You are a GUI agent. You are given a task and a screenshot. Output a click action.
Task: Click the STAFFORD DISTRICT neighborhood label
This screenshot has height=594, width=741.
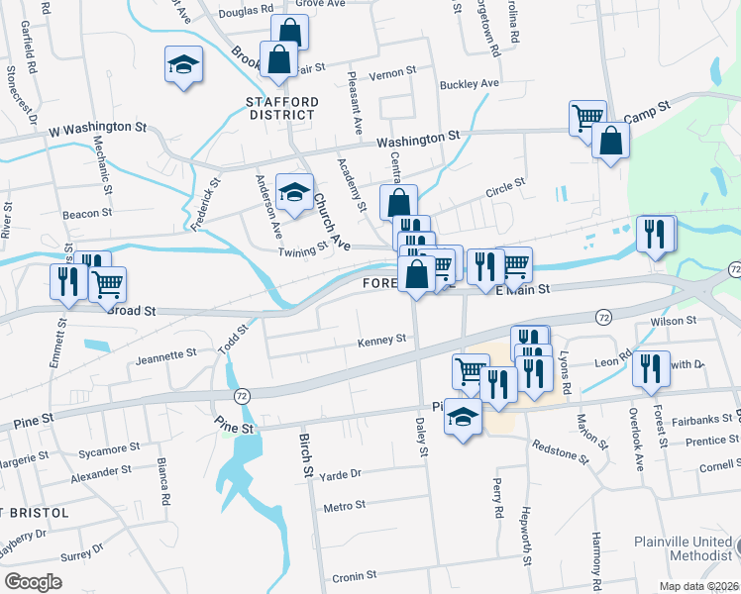point(282,108)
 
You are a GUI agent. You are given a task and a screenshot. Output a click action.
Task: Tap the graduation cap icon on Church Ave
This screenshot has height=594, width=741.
point(294,193)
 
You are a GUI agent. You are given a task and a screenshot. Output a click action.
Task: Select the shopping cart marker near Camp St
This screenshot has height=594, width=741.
point(587,118)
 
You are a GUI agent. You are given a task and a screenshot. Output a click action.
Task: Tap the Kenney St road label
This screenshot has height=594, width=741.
point(381,340)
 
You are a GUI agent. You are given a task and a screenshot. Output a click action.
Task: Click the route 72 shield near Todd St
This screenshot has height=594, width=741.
point(241,395)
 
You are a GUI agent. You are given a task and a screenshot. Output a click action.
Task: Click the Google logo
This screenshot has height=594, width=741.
point(33,581)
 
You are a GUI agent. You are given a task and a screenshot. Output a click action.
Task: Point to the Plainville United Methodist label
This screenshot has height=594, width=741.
point(686,549)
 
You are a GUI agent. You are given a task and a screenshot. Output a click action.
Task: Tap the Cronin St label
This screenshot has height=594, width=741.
point(355,574)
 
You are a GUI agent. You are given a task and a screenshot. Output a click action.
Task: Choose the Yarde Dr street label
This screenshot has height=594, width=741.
point(341,474)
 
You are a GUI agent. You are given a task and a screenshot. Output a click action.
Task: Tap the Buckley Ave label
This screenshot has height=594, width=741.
point(470,84)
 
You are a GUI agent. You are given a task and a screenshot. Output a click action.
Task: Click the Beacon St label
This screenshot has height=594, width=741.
point(86,214)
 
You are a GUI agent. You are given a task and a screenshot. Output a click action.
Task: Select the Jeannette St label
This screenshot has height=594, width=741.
point(166,354)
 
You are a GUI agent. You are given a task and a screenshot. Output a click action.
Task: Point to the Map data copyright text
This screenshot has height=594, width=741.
point(697,586)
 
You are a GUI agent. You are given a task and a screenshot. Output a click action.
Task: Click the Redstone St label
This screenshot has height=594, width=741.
point(561,453)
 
